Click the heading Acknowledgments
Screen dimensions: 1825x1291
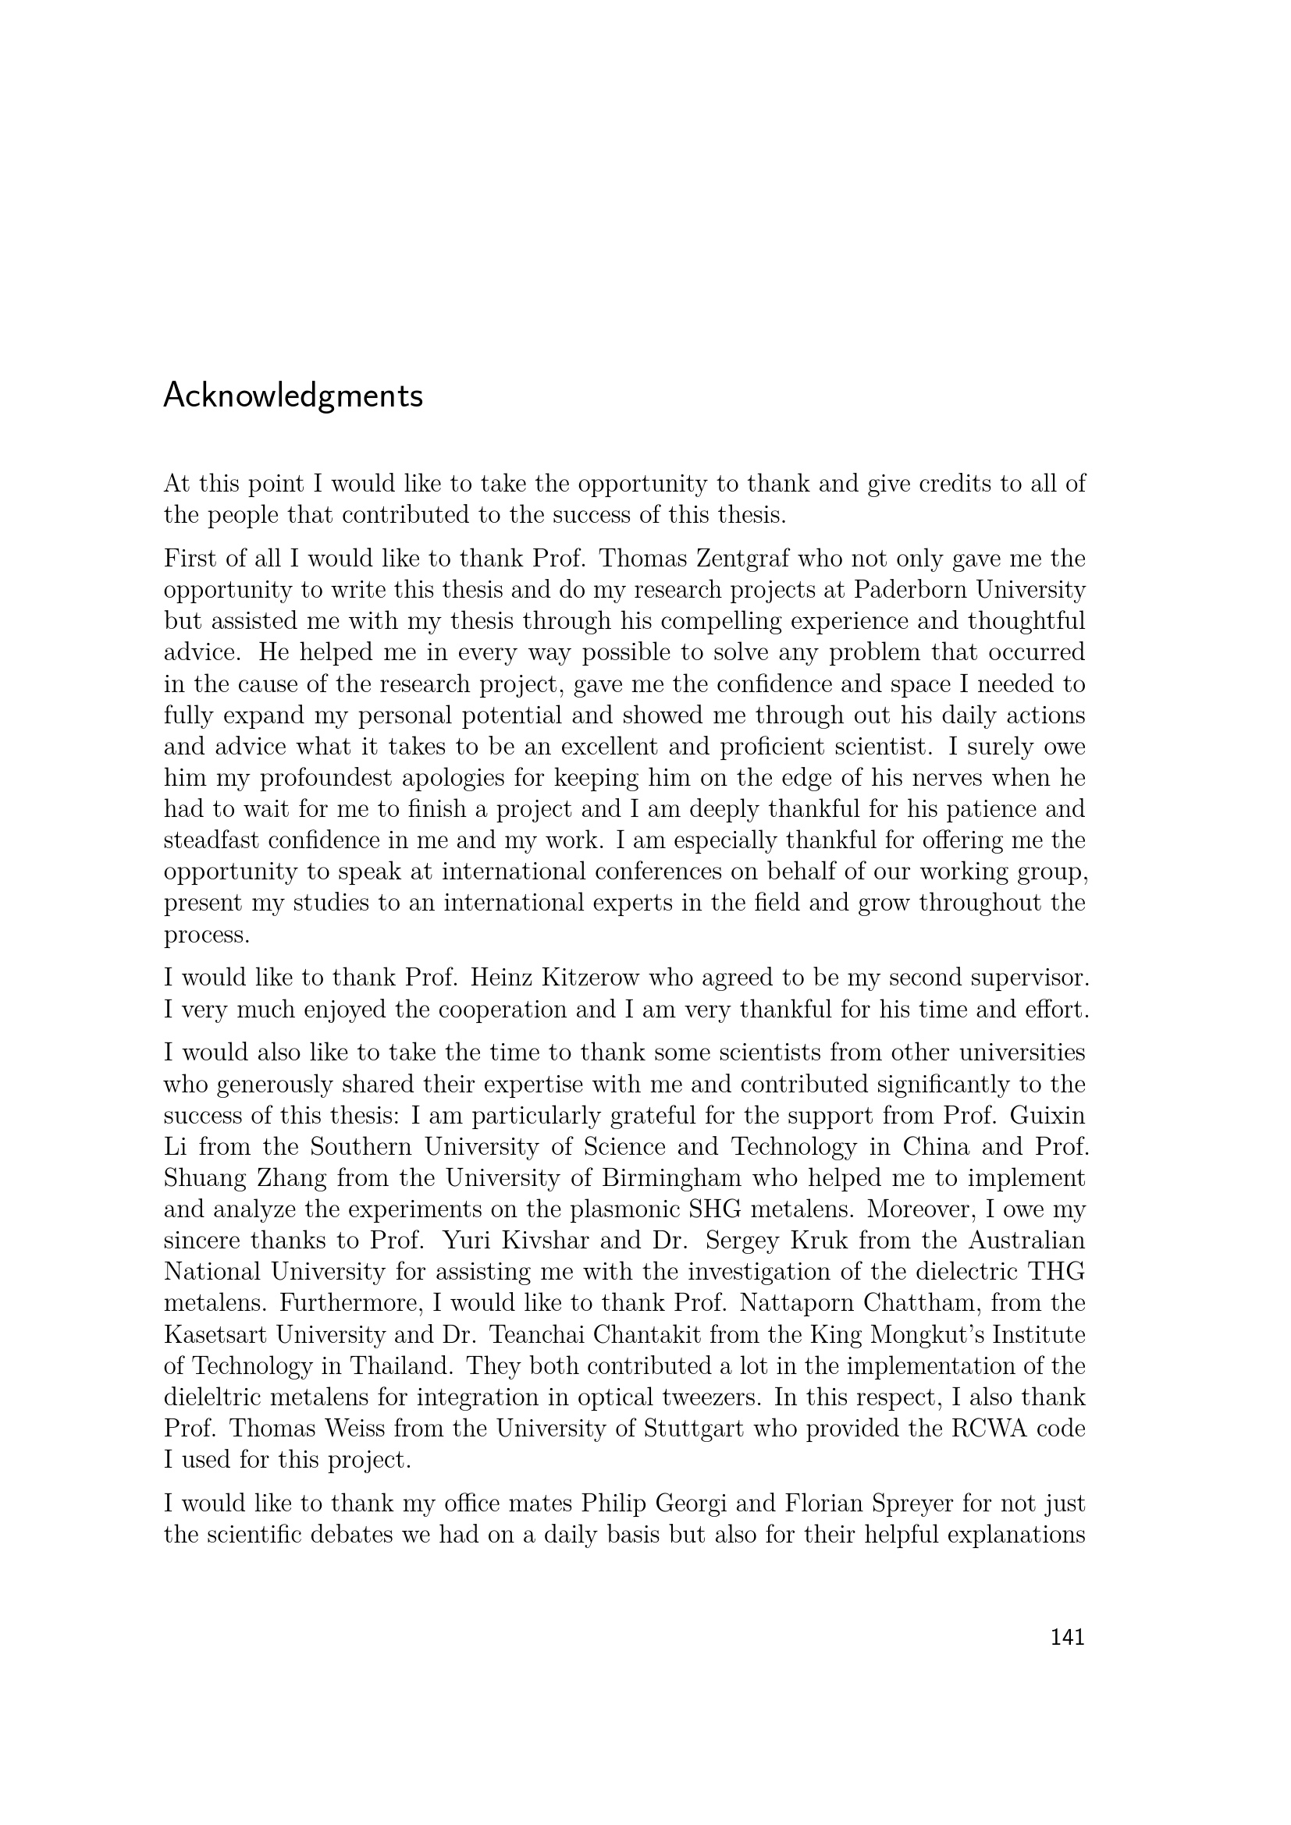click(293, 396)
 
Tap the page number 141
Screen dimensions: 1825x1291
click(1067, 1637)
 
